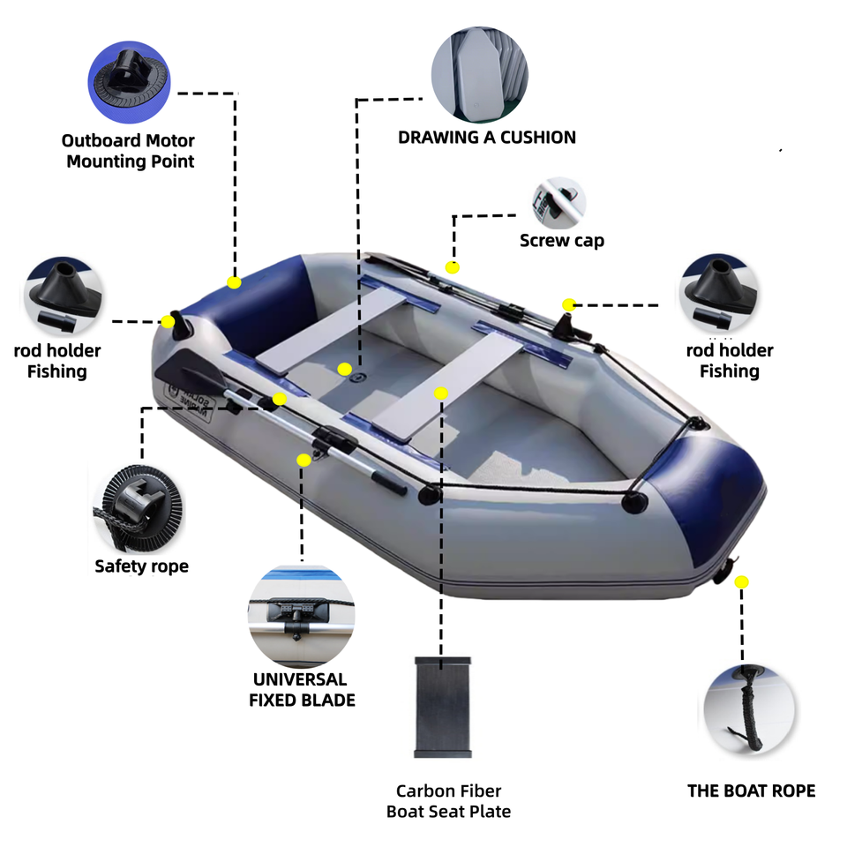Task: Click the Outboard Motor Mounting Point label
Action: [x=129, y=151]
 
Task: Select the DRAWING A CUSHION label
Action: [x=486, y=138]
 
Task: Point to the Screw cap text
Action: [x=562, y=241]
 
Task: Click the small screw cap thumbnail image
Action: [x=558, y=202]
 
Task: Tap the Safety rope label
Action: [x=141, y=566]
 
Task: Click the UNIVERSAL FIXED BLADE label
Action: [x=302, y=690]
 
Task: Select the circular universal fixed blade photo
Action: [x=301, y=617]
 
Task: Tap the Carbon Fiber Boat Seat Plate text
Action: [x=448, y=801]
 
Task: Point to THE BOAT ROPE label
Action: [x=751, y=791]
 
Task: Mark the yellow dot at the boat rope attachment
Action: [x=741, y=581]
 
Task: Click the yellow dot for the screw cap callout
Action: [x=453, y=266]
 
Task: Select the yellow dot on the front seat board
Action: [x=441, y=393]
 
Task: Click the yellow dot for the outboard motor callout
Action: [x=234, y=282]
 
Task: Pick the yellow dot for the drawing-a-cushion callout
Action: [x=345, y=368]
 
